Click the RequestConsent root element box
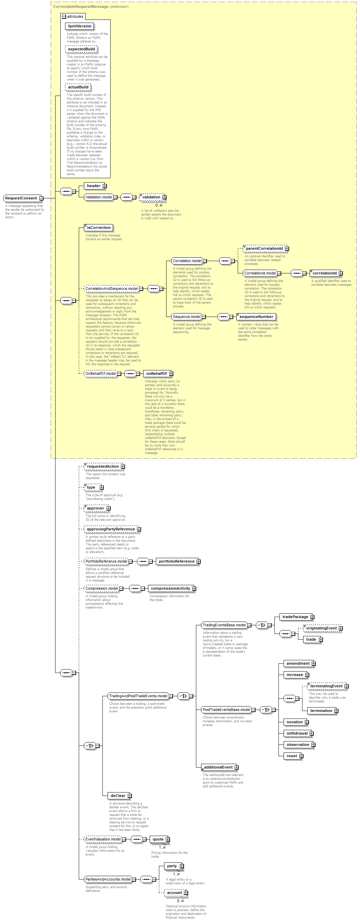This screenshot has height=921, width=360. tap(21, 198)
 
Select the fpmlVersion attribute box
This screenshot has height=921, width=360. tap(80, 26)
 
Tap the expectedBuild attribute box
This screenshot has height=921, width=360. tap(81, 49)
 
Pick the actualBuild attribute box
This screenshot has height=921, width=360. tap(78, 87)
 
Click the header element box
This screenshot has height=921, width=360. tap(94, 186)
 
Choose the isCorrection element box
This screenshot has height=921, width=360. tap(99, 228)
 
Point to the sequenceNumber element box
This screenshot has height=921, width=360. tap(256, 317)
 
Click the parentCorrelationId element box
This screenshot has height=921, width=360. tap(264, 248)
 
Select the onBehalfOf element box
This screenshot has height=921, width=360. tap(156, 373)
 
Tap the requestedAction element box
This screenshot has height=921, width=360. tap(103, 467)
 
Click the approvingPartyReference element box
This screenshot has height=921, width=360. tap(111, 529)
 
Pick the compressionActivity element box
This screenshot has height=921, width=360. tap(170, 589)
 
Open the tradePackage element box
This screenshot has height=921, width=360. tap(295, 617)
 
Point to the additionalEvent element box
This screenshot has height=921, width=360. tap(218, 767)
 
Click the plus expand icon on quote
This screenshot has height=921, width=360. tap(167, 839)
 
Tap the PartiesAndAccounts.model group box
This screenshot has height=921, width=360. tap(108, 879)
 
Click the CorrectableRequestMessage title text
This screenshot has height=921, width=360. tap(81, 7)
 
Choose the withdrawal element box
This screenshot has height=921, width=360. tap(297, 733)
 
